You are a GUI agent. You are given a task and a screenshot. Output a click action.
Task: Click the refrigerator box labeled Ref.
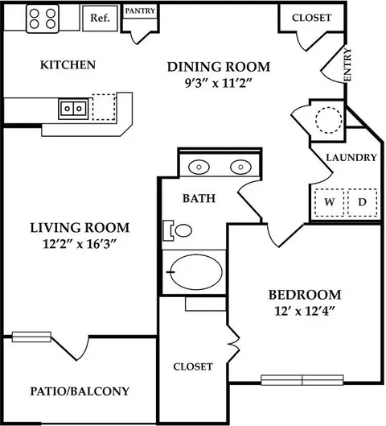[100, 19]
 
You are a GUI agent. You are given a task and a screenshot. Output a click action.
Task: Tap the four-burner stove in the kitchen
[43, 19]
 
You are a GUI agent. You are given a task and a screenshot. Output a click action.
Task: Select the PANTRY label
[140, 10]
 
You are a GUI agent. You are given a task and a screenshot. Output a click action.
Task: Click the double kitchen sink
[73, 109]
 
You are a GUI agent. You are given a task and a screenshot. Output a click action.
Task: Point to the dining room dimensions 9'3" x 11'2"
[219, 83]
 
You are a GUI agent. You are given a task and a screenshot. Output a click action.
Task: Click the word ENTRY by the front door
[347, 64]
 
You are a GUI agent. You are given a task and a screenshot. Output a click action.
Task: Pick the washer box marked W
[330, 202]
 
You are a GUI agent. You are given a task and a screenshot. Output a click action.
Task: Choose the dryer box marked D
[362, 202]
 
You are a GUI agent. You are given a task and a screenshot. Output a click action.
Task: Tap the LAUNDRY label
[351, 158]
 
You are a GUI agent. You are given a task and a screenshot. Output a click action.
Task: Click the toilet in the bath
[177, 230]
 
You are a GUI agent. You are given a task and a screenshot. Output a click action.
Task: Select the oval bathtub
[197, 272]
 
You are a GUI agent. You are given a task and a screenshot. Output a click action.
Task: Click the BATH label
[199, 198]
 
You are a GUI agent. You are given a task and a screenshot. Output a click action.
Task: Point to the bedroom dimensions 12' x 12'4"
[305, 311]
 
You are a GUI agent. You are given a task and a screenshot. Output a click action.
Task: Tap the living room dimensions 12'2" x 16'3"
[80, 244]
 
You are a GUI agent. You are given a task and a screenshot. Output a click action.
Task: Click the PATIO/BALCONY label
[80, 391]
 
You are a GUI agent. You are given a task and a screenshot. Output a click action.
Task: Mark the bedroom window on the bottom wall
[302, 380]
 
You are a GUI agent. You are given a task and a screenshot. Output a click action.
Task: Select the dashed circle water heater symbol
[328, 120]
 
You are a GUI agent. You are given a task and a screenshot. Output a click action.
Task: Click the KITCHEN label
[68, 65]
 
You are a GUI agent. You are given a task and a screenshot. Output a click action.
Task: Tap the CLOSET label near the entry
[312, 18]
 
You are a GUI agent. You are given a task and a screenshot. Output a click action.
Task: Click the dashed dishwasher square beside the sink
[104, 107]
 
